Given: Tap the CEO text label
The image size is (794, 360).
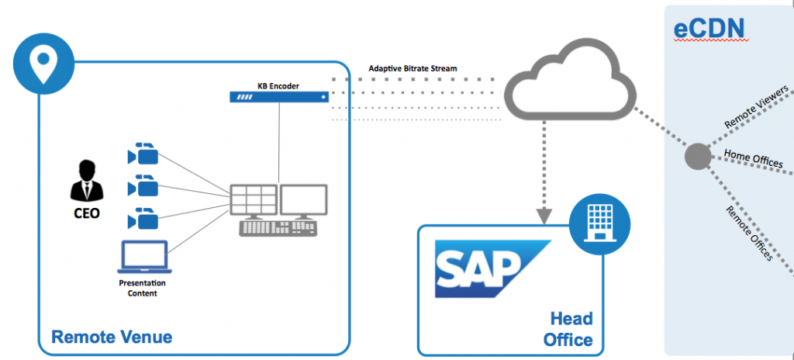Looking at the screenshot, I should [86, 213].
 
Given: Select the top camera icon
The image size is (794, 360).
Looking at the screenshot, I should [143, 153].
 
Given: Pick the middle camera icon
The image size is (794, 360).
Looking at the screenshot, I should [143, 186].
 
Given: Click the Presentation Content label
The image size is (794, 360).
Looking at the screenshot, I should [142, 289].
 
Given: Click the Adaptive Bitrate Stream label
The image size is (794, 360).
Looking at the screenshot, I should [413, 68].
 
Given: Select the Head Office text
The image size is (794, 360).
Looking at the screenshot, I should [571, 329].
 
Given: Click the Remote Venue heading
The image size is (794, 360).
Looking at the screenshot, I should [112, 337].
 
